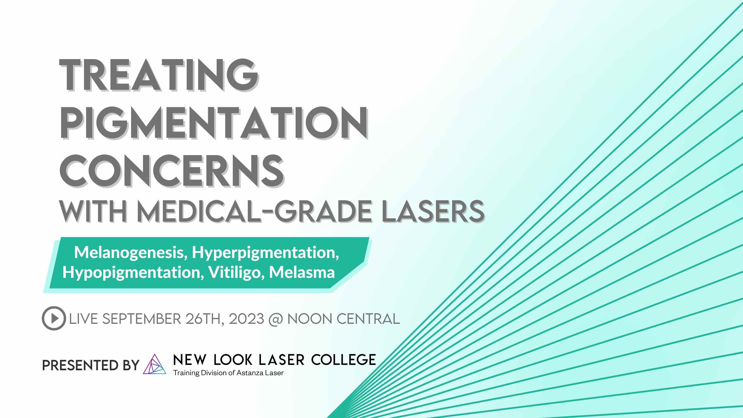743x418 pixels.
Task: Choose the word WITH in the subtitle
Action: pyautogui.click(x=93, y=212)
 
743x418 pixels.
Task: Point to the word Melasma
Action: pyautogui.click(x=302, y=272)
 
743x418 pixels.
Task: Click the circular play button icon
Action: pyautogui.click(x=54, y=318)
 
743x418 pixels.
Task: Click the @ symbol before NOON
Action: pyautogui.click(x=276, y=320)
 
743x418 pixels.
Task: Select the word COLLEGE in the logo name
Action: pyautogui.click(x=344, y=360)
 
